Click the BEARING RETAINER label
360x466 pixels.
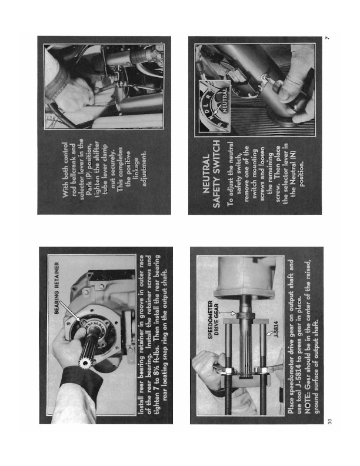tap(57, 288)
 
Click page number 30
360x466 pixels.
tap(329, 421)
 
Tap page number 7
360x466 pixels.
tap(327, 38)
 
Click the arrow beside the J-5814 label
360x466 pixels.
tap(269, 333)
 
